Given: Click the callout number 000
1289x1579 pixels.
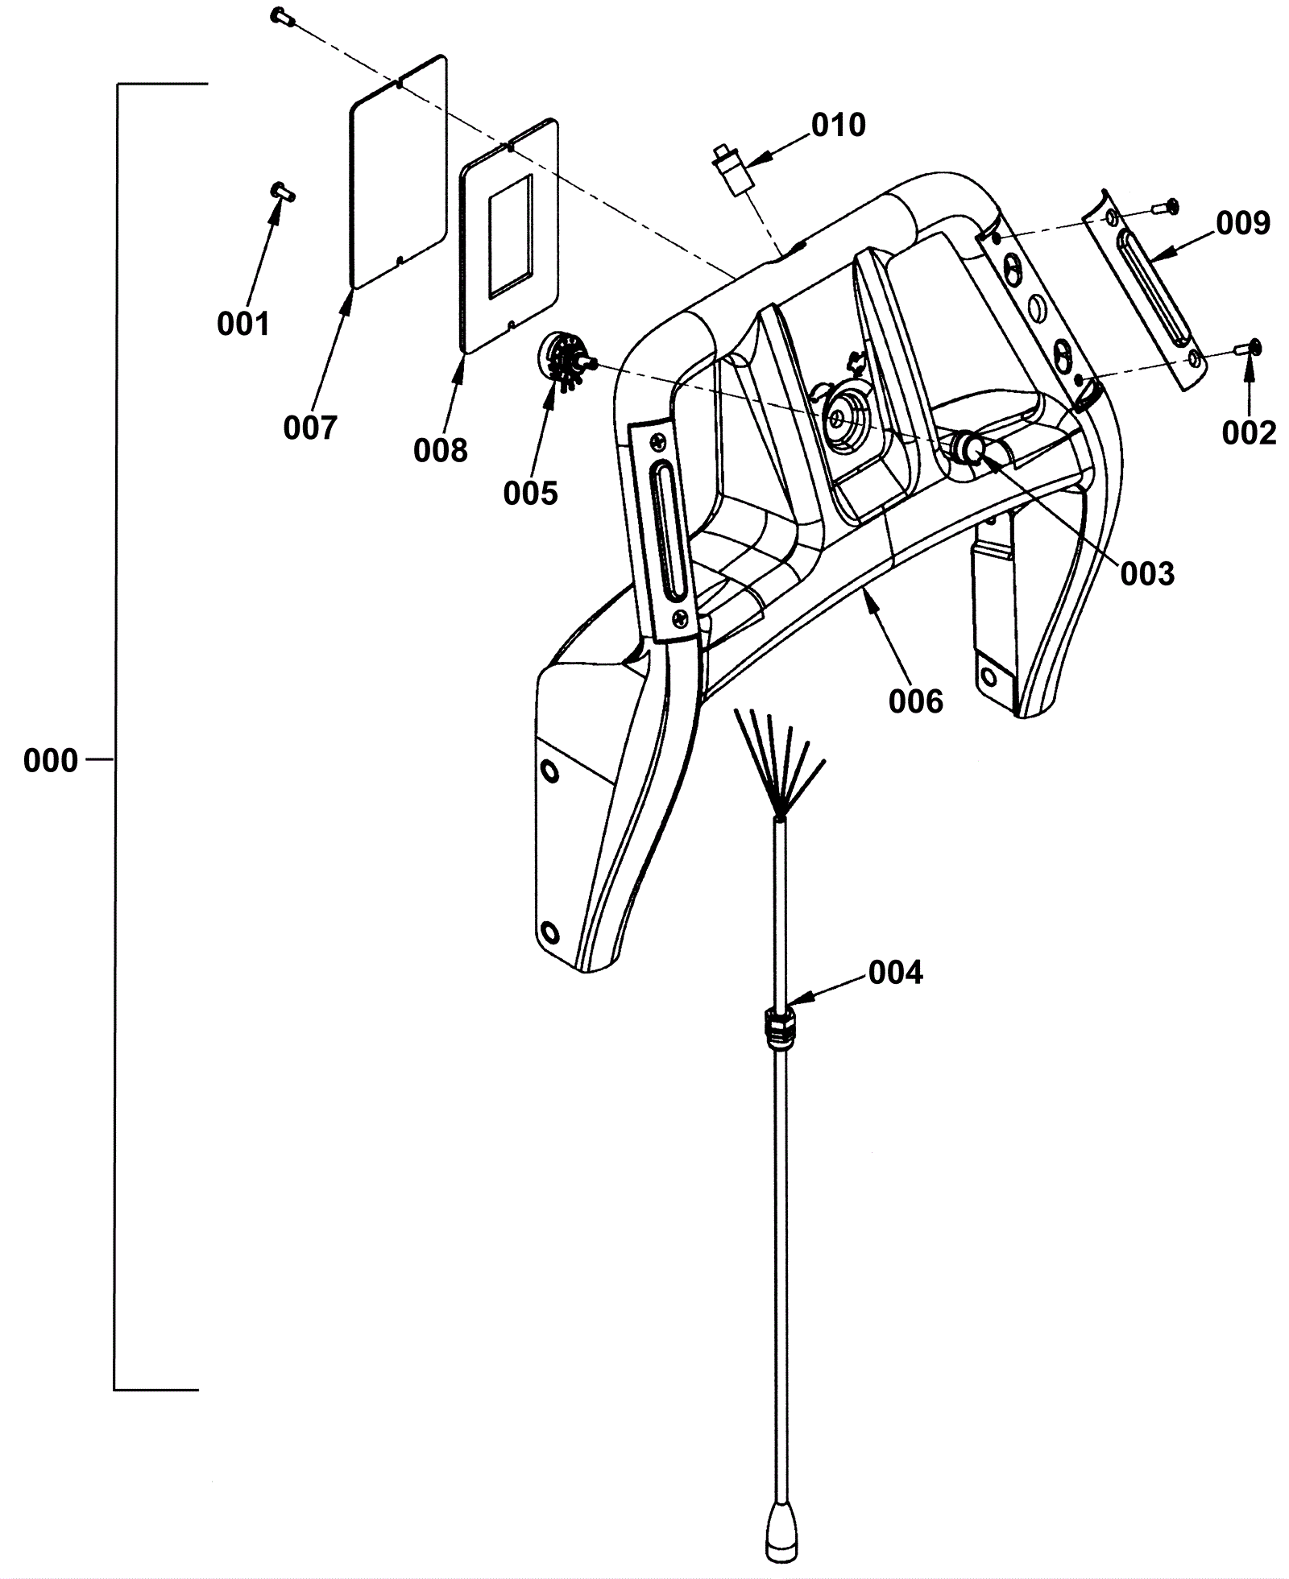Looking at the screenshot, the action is click(51, 760).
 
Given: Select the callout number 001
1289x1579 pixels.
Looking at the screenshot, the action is click(242, 324).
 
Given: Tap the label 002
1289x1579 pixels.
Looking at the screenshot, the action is click(1249, 433).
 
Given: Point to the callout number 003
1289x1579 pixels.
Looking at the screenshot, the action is click(1147, 573).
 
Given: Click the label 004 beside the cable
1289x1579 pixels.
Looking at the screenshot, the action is click(895, 973).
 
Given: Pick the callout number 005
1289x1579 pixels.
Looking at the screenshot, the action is click(531, 493).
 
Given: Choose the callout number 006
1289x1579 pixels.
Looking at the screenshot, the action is click(916, 701).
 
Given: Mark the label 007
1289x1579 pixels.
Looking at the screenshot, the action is click(310, 428).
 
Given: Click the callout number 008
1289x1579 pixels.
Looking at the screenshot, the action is click(441, 451).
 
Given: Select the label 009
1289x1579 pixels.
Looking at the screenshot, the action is click(1243, 223).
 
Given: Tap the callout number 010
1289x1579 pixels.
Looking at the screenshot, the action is click(839, 125).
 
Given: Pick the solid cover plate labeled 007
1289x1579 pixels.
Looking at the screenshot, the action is click(398, 172).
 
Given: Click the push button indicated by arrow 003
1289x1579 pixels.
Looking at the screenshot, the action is click(969, 448).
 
